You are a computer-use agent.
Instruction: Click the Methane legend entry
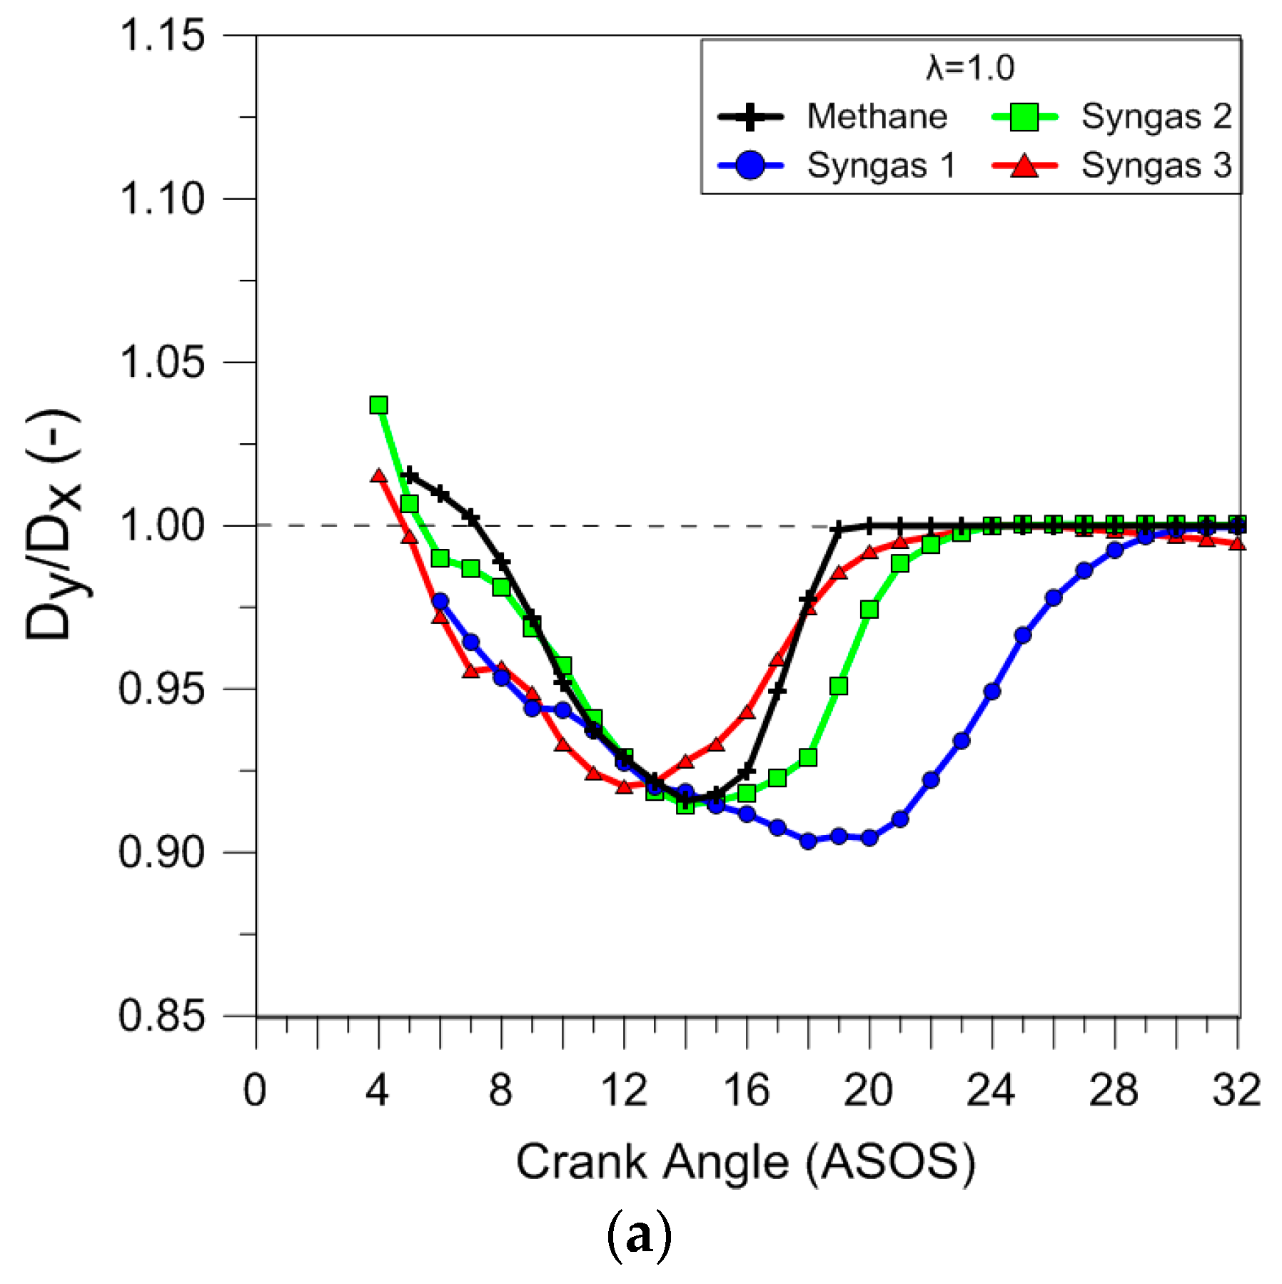(x=877, y=116)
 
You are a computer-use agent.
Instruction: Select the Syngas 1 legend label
(x=881, y=166)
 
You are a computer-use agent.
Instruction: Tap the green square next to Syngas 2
(x=1024, y=117)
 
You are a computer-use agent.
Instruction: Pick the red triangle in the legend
(x=1024, y=166)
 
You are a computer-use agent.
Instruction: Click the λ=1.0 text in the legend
(x=970, y=69)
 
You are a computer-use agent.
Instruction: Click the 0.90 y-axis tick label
(x=162, y=851)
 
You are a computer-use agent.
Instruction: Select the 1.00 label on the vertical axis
(x=162, y=525)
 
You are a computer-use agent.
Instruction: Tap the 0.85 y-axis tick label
(x=162, y=1015)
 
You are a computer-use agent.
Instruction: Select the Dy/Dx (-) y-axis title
(x=54, y=525)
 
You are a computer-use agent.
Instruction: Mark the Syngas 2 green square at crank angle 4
(x=379, y=405)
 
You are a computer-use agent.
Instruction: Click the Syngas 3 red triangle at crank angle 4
(x=379, y=475)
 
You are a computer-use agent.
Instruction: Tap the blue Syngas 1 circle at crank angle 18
(x=808, y=841)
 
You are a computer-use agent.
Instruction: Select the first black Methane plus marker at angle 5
(x=410, y=475)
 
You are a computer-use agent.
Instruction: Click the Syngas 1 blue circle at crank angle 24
(x=991, y=691)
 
